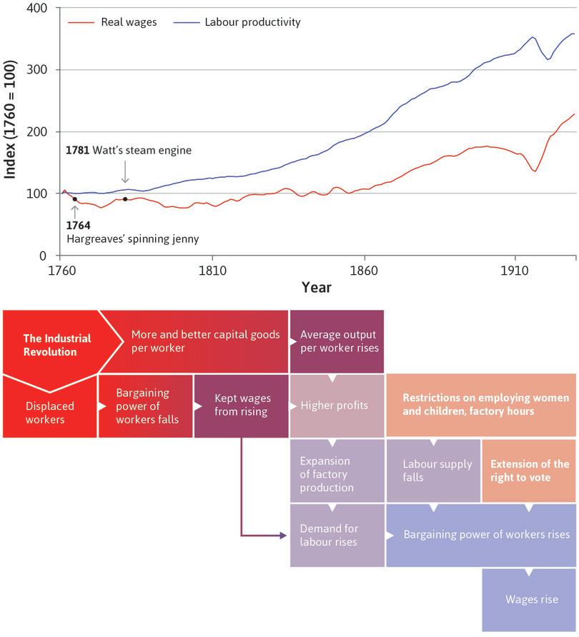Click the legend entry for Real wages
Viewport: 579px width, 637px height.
tap(113, 22)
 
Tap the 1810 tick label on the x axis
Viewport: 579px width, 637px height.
tap(212, 271)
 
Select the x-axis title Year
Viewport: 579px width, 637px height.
tap(316, 287)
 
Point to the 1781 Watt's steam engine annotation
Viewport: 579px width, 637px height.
tap(129, 151)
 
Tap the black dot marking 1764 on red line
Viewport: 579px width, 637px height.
tap(74, 199)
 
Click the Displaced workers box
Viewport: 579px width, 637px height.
tap(49, 412)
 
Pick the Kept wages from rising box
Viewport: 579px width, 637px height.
tap(241, 406)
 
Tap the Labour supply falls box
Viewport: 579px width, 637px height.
tap(433, 471)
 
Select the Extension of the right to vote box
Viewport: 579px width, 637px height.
tap(529, 471)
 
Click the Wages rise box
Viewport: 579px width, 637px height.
tap(531, 599)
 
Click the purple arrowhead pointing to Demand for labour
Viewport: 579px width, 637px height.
tap(282, 535)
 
